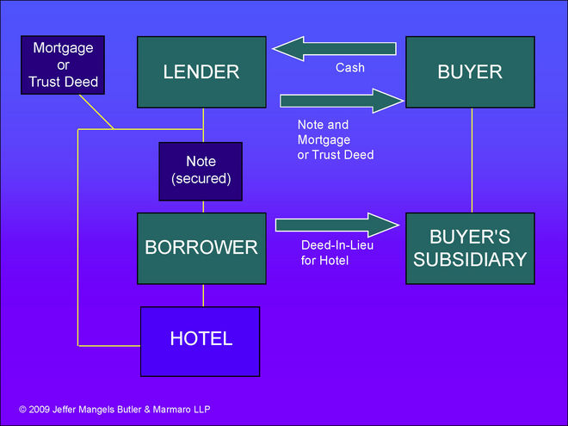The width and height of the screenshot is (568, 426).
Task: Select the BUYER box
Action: coord(470,71)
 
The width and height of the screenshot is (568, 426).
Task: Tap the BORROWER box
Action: coord(202,248)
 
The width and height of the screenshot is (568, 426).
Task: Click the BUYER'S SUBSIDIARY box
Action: coord(470,248)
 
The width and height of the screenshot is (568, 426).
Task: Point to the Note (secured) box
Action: coord(201,170)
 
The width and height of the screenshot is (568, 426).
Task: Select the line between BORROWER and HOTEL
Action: coord(203,295)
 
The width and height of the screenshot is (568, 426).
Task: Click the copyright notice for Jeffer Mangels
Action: coord(114,410)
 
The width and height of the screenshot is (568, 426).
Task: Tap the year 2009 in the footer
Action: coord(42,410)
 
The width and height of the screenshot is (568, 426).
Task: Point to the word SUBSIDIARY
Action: coord(470,259)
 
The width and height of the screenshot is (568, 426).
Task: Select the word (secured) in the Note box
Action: coord(201,177)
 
